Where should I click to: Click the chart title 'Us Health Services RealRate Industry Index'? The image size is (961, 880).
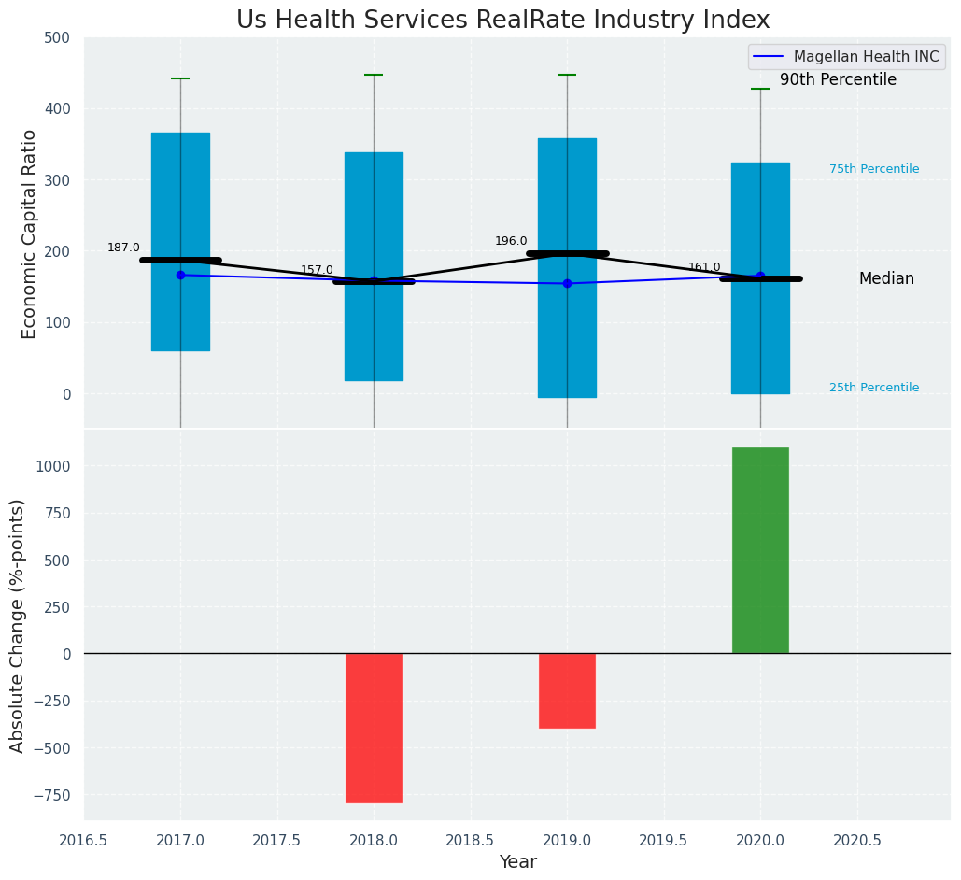tap(502, 21)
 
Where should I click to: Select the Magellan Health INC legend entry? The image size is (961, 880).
tap(866, 57)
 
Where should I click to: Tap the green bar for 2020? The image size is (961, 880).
tap(760, 550)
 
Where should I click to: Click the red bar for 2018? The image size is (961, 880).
tap(374, 728)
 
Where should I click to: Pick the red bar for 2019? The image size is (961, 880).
tap(567, 690)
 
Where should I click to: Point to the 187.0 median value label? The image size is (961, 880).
tap(123, 248)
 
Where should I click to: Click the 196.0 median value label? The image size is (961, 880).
tap(511, 241)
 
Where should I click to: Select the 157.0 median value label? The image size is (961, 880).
tap(317, 270)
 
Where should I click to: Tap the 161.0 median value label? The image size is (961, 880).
tap(704, 267)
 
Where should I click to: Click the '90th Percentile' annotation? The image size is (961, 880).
tap(838, 80)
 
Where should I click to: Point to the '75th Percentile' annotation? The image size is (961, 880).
tap(874, 169)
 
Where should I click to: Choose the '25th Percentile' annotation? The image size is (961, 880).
tap(874, 388)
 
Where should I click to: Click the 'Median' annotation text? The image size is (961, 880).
tap(886, 278)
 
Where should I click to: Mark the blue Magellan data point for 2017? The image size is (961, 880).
tap(180, 275)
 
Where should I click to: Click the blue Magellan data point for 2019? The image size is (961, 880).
tap(567, 283)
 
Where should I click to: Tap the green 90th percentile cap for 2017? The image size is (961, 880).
tap(180, 78)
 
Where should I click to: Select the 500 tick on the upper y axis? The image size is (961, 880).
tap(60, 37)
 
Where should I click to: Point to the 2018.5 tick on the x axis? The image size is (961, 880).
tap(471, 841)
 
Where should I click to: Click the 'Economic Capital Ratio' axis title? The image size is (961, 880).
tap(29, 234)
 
